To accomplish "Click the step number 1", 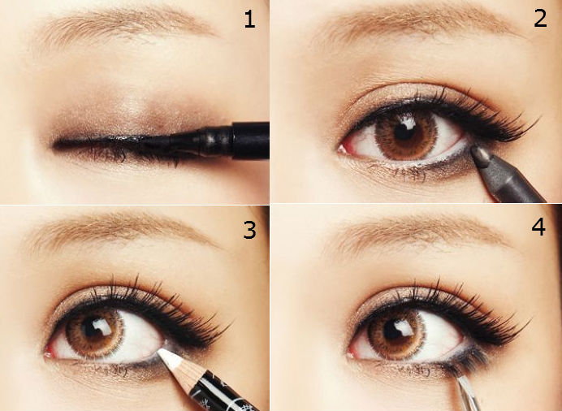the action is coord(249,19).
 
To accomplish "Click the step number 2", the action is coord(540,18).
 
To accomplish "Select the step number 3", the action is coord(249,230).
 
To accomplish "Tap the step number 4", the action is coord(538,227).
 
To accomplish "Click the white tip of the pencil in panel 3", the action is coord(171,359).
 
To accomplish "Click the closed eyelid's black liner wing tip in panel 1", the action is coord(56,145).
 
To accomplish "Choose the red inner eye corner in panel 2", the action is coord(343,148).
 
